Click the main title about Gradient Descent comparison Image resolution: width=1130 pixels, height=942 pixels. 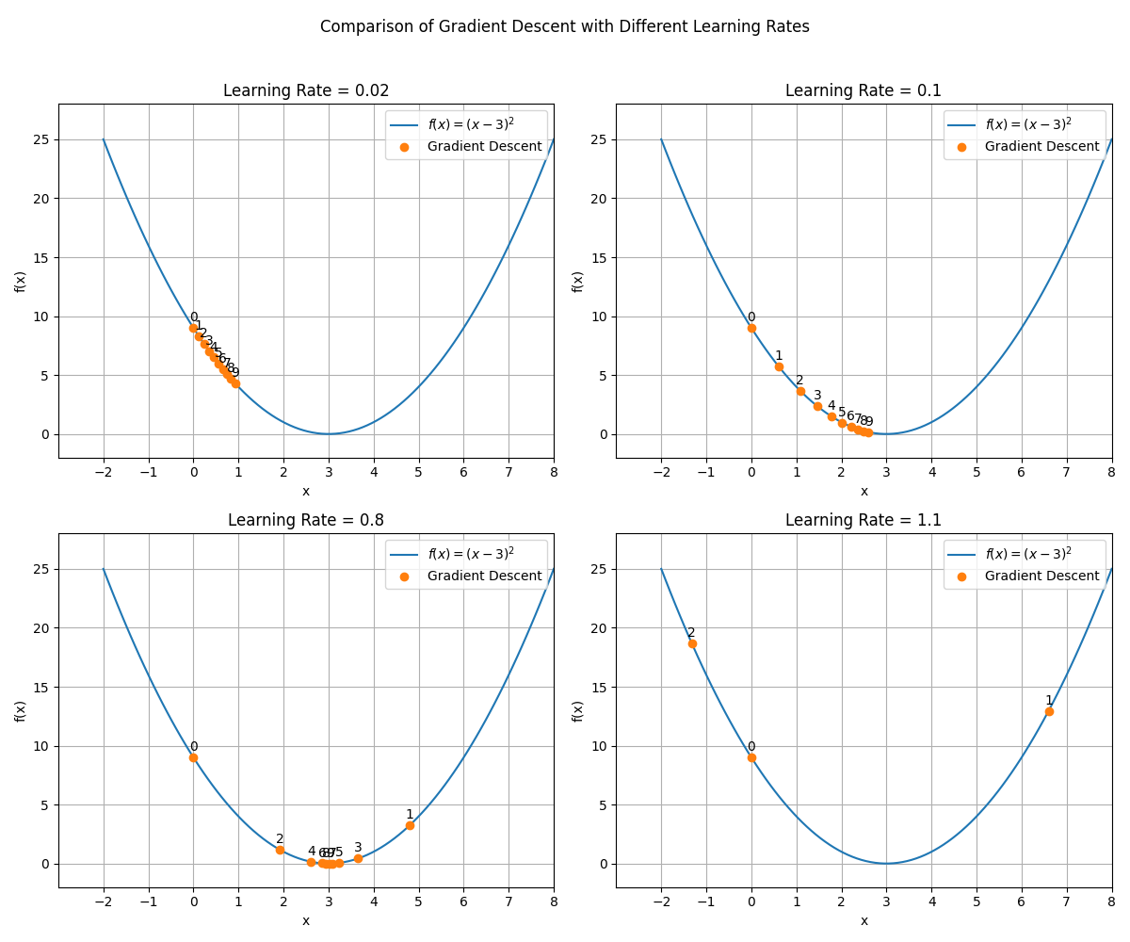[x=565, y=26]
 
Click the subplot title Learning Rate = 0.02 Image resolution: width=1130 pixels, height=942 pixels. [x=306, y=91]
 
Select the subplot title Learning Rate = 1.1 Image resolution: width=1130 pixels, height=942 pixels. [x=864, y=521]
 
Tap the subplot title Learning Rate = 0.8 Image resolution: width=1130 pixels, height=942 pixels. [x=306, y=521]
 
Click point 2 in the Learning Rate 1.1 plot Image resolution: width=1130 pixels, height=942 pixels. [x=692, y=643]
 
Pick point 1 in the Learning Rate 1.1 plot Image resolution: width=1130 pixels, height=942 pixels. [x=1049, y=711]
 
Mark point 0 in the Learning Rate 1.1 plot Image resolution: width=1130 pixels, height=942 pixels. [x=751, y=757]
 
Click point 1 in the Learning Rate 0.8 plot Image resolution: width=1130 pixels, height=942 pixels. [x=410, y=825]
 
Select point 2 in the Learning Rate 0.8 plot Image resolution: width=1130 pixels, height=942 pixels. [x=280, y=850]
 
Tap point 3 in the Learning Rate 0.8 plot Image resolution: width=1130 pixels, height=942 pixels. [x=358, y=858]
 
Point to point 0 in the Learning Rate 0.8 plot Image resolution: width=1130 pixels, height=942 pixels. [x=193, y=757]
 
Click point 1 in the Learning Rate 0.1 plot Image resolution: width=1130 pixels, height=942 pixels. [x=779, y=366]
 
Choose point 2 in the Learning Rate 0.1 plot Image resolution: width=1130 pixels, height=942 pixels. [x=800, y=391]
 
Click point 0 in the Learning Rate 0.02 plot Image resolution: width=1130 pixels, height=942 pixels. [x=193, y=328]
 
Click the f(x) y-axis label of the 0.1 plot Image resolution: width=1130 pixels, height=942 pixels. [x=578, y=281]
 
